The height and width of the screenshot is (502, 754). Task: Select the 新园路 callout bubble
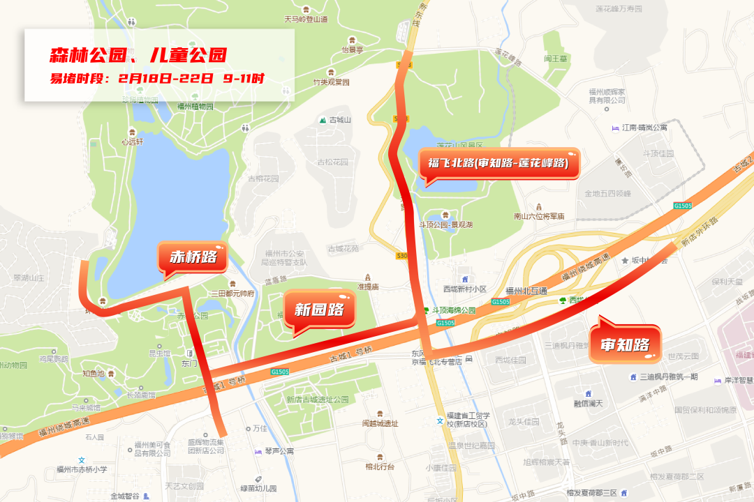click(x=320, y=309)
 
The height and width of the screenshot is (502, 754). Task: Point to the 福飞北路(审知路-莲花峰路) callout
click(x=498, y=163)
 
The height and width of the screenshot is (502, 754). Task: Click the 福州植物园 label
click(x=195, y=107)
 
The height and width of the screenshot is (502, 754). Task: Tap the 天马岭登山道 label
click(x=305, y=20)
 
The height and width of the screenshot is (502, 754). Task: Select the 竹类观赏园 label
click(x=331, y=82)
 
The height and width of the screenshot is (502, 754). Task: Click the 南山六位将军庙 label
click(x=538, y=216)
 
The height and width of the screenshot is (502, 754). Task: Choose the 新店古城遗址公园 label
click(x=317, y=400)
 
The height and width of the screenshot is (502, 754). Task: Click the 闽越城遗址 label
click(x=380, y=423)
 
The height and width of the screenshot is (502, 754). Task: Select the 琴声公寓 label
click(x=279, y=450)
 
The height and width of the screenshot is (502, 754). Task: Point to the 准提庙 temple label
click(x=368, y=286)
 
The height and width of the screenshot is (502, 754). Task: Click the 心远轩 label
click(x=131, y=142)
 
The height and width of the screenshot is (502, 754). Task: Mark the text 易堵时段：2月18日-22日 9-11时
click(x=156, y=78)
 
